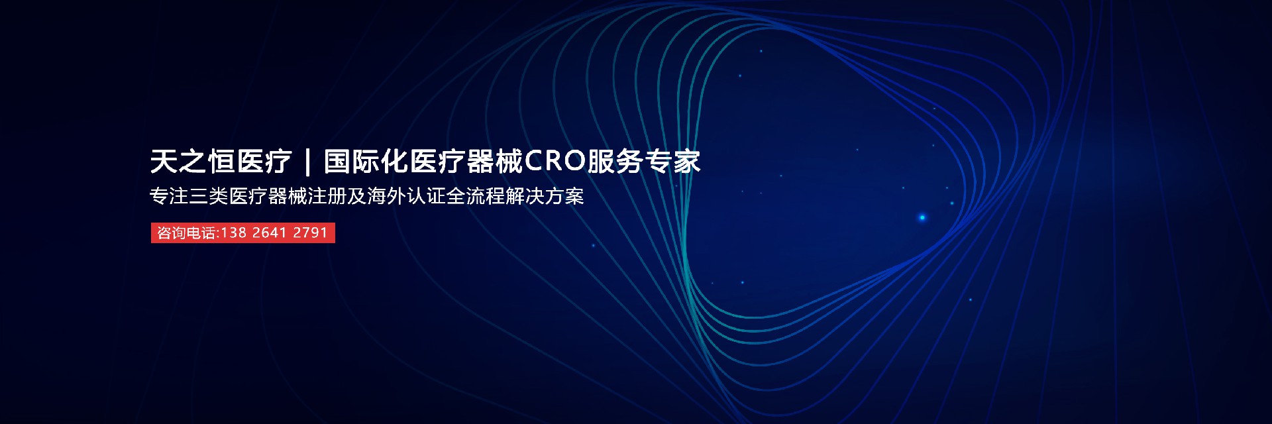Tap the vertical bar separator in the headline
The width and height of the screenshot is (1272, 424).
click(x=307, y=162)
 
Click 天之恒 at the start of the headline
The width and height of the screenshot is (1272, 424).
click(x=192, y=162)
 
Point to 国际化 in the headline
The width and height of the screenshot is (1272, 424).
click(x=366, y=162)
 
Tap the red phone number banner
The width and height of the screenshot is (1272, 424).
click(x=242, y=233)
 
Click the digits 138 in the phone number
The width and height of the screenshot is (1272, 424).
click(x=234, y=233)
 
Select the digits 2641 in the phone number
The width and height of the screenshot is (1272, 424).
click(x=270, y=233)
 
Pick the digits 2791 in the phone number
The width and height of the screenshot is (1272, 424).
click(x=310, y=233)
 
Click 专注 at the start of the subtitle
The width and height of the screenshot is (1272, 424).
click(x=169, y=197)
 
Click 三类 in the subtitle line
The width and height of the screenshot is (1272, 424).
click(x=209, y=197)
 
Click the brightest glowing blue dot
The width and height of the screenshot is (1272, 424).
click(x=922, y=217)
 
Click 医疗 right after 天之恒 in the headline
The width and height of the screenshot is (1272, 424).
click(x=265, y=162)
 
